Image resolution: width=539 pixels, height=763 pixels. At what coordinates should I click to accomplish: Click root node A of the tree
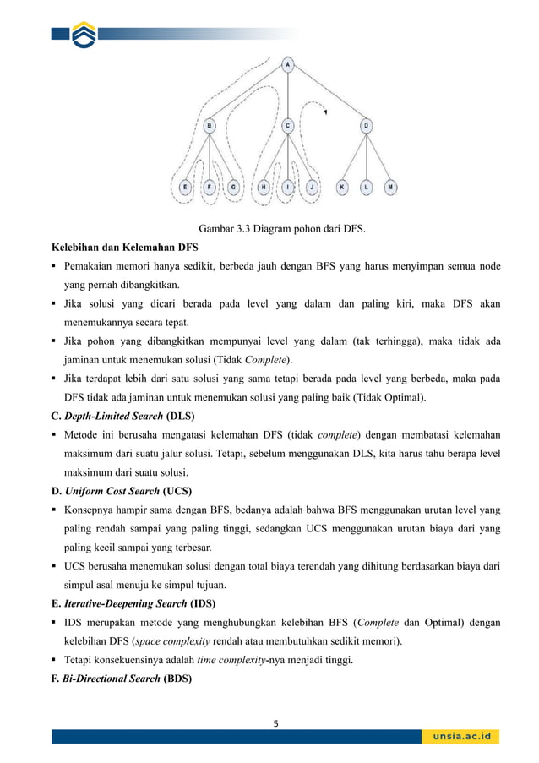288,64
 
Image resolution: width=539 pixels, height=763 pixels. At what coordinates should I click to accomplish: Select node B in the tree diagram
210,125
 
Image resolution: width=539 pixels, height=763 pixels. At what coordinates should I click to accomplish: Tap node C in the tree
287,125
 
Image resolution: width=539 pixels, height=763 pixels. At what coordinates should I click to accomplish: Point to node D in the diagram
366,125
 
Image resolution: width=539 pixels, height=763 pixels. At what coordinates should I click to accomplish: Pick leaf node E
186,186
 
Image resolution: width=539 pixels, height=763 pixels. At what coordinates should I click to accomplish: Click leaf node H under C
264,186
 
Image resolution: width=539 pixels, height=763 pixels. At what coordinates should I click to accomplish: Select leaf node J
312,186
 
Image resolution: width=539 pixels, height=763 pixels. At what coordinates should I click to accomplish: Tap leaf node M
389,186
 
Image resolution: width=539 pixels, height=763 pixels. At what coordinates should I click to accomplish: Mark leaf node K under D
342,186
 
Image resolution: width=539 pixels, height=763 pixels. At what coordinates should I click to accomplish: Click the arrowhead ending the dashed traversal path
324,111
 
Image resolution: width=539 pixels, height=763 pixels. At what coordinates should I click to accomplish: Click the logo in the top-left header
84,35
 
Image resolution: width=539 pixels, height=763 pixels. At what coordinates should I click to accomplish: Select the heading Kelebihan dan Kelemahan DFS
123,248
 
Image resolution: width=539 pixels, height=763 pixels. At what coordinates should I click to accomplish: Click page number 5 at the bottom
275,722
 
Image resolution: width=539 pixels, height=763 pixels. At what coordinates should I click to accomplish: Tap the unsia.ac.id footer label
461,736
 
